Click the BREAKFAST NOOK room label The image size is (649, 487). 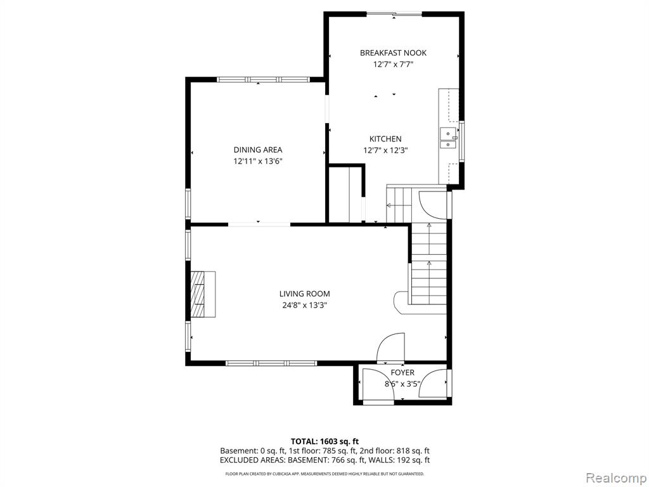pos(393,53)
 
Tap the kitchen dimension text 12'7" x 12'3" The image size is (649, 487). pos(386,150)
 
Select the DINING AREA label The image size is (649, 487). pos(258,150)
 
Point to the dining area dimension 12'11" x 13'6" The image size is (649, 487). pos(258,162)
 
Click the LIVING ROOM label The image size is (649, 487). pos(305,294)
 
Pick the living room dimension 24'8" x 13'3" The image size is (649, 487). pos(305,306)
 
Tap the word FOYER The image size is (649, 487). pos(402,373)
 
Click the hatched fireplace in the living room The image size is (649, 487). pos(203,294)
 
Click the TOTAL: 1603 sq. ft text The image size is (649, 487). pos(321,441)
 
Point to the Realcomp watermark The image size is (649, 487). pos(615,478)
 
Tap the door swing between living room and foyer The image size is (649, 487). pos(390,346)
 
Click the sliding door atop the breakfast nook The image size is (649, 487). pos(394,15)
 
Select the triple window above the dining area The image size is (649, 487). pos(263,79)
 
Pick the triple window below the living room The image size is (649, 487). pos(271,363)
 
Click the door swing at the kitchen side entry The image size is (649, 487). pos(433,205)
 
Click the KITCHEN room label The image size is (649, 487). pos(385,139)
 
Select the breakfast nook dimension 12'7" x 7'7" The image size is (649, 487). pos(393,65)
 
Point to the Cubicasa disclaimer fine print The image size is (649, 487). pos(324,474)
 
